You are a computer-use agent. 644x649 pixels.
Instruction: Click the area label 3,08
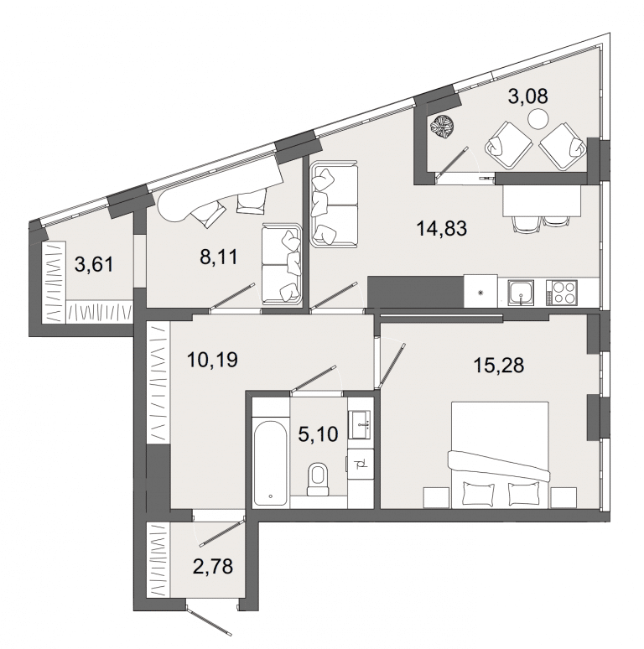527,96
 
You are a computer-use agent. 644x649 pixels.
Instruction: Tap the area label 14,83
442,228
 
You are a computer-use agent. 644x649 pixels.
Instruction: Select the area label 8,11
219,257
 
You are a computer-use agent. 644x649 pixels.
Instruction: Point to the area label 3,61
94,264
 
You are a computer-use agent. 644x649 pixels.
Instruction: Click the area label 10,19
212,360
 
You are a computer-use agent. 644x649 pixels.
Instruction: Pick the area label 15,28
499,366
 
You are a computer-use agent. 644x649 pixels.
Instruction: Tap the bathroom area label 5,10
319,434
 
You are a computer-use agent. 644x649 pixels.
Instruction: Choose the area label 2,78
213,566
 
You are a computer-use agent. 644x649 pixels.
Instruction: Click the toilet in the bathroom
318,480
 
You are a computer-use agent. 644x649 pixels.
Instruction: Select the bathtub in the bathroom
270,463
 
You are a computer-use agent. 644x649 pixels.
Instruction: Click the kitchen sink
521,293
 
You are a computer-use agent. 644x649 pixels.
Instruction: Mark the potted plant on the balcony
442,127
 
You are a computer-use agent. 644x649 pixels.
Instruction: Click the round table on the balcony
538,118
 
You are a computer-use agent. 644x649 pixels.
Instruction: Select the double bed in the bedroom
500,454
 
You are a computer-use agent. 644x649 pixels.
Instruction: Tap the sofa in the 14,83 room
335,205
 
